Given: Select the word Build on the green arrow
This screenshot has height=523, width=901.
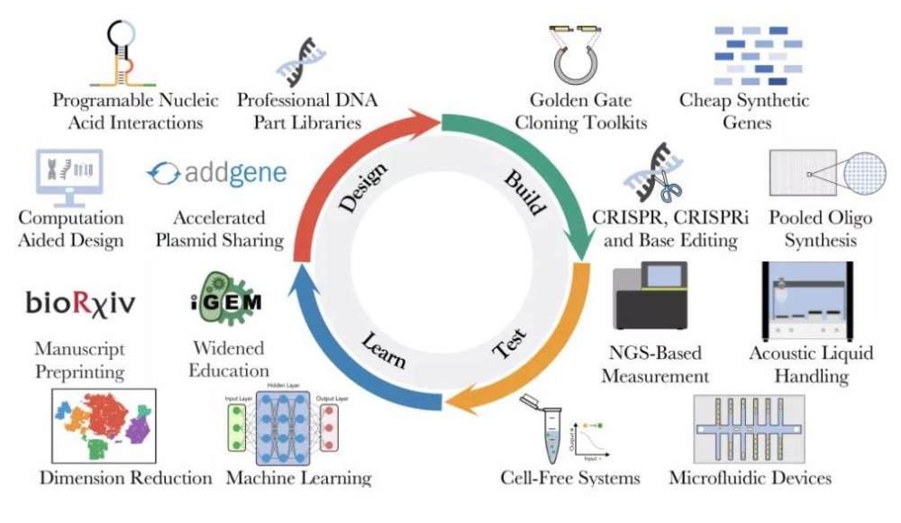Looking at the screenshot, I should pos(525,190).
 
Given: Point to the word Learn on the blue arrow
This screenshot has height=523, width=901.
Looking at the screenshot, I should pos(384,351).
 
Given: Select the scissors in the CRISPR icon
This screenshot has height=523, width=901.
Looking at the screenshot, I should pos(669,185).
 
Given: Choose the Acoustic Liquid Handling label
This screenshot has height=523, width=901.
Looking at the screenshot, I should pos(811,362).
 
